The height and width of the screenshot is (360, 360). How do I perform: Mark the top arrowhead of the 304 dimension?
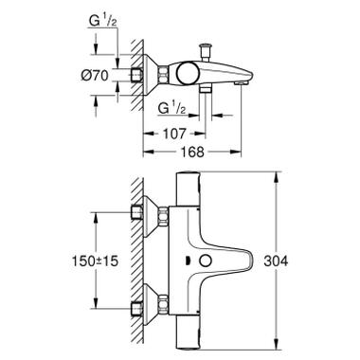pyautogui.click(x=276, y=175)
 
